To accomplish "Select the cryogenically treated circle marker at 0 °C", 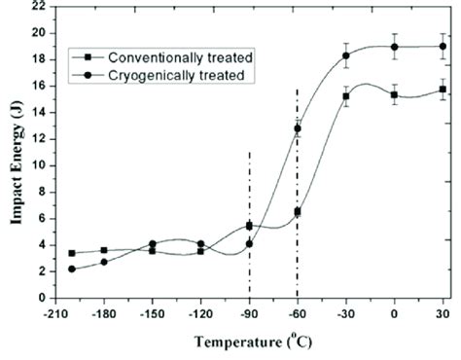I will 394,47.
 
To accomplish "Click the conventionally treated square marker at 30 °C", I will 443,90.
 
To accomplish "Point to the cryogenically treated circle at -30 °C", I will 346,55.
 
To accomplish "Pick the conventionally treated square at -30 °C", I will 346,96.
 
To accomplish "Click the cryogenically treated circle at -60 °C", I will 298,128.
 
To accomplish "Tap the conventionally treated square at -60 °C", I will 298,211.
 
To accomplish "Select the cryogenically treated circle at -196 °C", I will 72,269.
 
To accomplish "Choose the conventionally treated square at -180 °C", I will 104,250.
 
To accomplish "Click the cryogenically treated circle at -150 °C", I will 153,243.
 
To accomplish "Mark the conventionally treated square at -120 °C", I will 200,251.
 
